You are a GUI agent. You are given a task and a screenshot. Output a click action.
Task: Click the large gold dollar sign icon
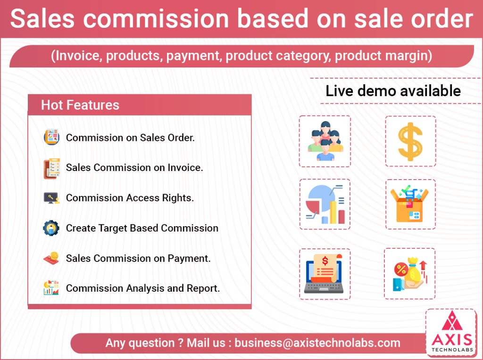(x=410, y=141)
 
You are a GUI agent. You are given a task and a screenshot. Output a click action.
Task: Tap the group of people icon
(x=325, y=141)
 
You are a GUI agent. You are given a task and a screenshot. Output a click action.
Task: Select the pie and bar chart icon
(x=325, y=205)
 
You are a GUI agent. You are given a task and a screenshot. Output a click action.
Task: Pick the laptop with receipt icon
(x=324, y=274)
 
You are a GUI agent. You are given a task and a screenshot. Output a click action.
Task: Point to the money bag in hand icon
(x=410, y=274)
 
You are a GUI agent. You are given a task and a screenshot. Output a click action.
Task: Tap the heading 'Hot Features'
(x=80, y=105)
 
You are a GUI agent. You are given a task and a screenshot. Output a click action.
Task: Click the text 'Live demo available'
(x=393, y=91)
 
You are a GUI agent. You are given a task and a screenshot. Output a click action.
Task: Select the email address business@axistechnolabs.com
(x=317, y=343)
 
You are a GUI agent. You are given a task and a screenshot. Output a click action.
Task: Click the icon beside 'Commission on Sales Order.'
(x=51, y=137)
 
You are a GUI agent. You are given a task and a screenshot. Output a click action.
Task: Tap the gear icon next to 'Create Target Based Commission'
(x=51, y=228)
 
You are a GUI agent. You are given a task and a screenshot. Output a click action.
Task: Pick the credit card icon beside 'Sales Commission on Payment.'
(x=51, y=258)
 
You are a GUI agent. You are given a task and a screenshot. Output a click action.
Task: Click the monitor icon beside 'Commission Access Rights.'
(x=51, y=198)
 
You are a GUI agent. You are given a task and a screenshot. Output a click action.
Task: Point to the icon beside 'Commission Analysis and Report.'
(x=51, y=288)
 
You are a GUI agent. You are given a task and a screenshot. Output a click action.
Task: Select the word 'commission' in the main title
(x=156, y=19)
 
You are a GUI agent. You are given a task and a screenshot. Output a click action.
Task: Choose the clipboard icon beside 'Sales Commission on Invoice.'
(x=51, y=168)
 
